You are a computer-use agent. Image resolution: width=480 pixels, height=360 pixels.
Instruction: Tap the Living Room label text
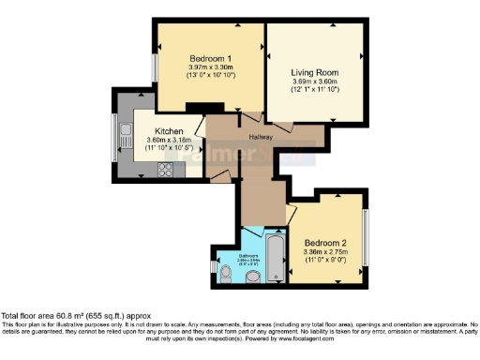coord(314,72)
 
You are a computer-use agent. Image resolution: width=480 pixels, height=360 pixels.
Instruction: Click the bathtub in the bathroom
coord(277,257)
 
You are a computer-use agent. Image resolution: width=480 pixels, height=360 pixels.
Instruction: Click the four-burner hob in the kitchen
coord(166,170)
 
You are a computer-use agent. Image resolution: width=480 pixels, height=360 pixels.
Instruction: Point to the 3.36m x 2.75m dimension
coord(324,252)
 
